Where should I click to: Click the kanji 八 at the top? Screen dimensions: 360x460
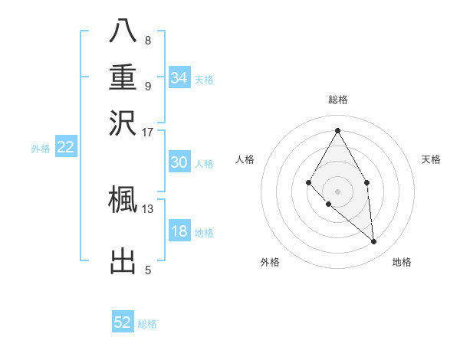[x=123, y=31]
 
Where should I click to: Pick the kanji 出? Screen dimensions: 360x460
[x=123, y=260]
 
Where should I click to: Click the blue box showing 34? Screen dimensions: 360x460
[x=179, y=78]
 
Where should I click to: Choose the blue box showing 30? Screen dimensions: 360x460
[x=179, y=162]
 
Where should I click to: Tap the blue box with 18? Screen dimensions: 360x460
[x=179, y=232]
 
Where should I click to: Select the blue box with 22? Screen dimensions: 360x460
[x=65, y=148]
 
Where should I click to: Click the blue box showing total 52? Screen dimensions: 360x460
[x=123, y=322]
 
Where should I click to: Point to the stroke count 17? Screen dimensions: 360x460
[x=147, y=132]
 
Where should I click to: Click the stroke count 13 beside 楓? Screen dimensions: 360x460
[x=147, y=208]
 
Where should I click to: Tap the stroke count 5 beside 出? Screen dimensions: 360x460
[x=147, y=270]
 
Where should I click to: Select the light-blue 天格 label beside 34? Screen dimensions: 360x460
[x=204, y=79]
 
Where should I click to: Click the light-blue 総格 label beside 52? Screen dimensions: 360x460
[x=147, y=324]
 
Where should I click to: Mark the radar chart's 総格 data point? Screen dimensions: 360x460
[x=337, y=129]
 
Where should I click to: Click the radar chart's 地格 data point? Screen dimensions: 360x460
[x=374, y=242]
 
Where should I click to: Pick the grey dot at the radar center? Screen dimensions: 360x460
[x=337, y=191]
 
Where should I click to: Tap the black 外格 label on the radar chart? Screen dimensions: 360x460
[x=270, y=262]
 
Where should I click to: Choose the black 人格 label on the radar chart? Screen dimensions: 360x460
[x=245, y=159]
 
